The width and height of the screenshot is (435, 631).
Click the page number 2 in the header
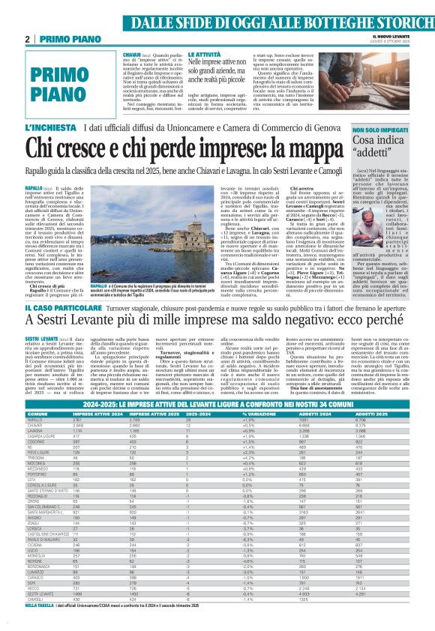27,38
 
